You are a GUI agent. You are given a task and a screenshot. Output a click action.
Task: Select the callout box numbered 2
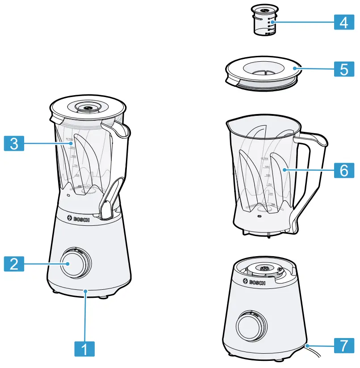click(x=14, y=263)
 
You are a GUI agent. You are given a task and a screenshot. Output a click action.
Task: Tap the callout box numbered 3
click(x=14, y=143)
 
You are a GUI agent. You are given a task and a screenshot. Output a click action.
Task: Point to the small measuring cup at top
click(x=264, y=20)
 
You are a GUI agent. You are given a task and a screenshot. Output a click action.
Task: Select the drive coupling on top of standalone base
click(x=263, y=269)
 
